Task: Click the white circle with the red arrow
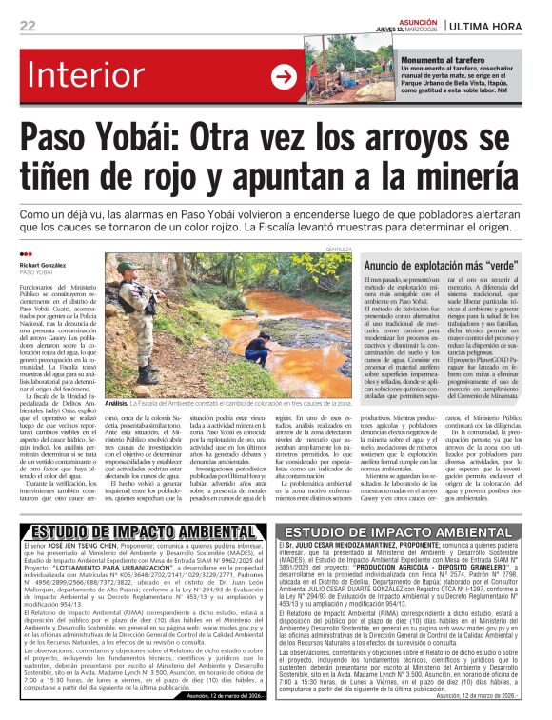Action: click(x=284, y=77)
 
